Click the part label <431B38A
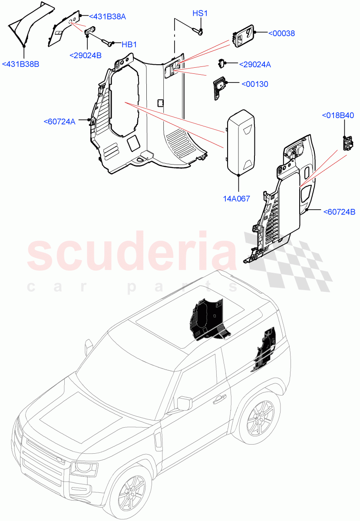point(107,16)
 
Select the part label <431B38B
point(20,64)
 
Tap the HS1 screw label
point(200,14)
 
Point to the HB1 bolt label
point(129,44)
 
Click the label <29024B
point(86,55)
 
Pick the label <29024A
point(255,65)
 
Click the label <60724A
point(59,122)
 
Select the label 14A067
point(237,198)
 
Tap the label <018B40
point(337,115)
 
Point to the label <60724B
point(339,212)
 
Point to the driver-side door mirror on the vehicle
point(184,402)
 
